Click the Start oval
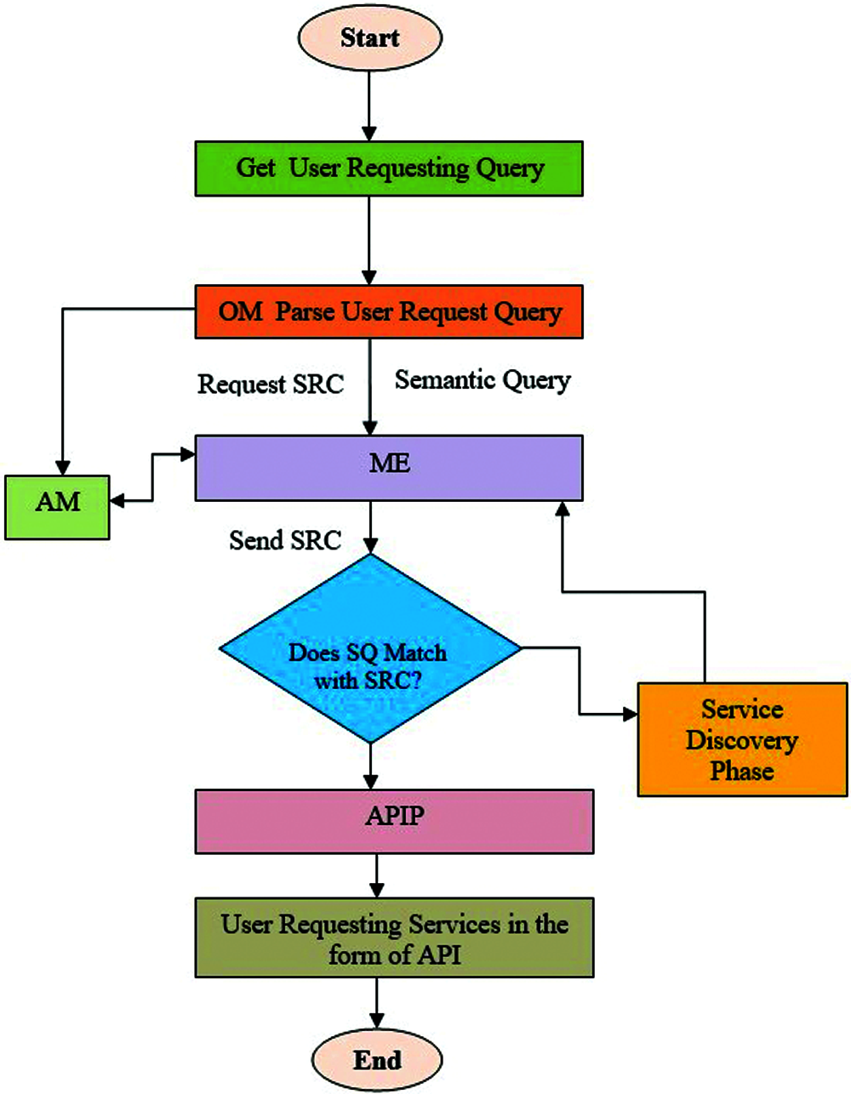(x=369, y=37)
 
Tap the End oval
(x=377, y=1060)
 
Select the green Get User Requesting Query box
(x=389, y=168)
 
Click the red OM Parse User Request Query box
(x=389, y=311)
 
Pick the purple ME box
(x=389, y=467)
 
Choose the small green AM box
(x=57, y=507)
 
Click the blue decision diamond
(x=369, y=649)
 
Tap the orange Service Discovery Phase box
(x=742, y=739)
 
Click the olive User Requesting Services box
(x=394, y=937)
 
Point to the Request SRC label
(x=271, y=385)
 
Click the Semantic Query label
(x=483, y=380)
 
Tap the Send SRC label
(x=285, y=540)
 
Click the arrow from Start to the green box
(x=369, y=106)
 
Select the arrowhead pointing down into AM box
(x=62, y=467)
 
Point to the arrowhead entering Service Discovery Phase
(x=630, y=714)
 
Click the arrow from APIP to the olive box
(x=376, y=875)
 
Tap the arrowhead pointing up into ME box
(x=562, y=508)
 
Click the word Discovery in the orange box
(x=741, y=740)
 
